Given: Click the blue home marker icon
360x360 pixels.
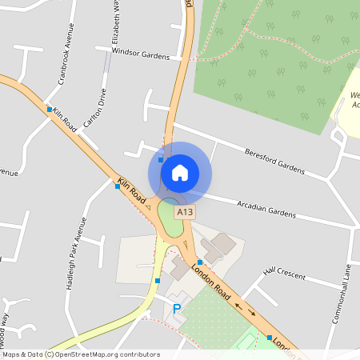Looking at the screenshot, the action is pos(180,172).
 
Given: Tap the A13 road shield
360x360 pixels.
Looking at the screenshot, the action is pos(185,212).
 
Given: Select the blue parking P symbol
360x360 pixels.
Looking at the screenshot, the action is pos(177,308).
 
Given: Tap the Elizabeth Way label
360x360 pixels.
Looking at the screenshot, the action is pos(116,24).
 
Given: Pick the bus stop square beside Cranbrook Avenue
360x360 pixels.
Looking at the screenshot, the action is pos(50,109).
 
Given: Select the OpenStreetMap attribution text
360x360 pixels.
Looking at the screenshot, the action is pos(81,354).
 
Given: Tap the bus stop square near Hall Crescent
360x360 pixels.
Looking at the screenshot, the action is pos(201,262).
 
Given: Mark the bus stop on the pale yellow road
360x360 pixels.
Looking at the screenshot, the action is pos(158,281).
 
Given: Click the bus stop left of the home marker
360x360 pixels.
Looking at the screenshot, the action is pos(161,160).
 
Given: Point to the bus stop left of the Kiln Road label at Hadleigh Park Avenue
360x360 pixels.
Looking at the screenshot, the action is pos(118,186).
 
